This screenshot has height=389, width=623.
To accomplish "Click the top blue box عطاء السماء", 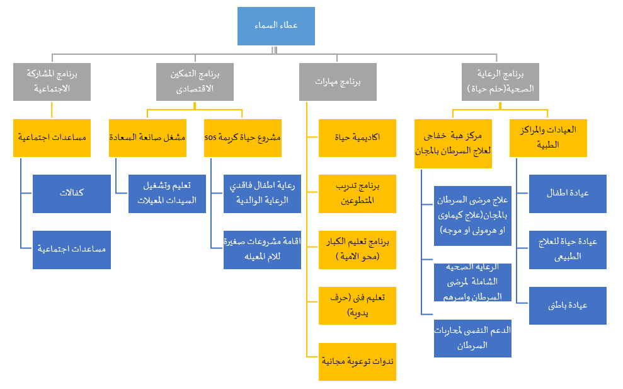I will pos(276,26).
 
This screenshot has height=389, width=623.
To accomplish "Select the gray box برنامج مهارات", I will pos(338,81).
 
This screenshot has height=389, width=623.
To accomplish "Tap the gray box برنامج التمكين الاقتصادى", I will pos(195,81).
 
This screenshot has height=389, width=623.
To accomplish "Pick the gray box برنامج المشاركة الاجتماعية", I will pos(52,81).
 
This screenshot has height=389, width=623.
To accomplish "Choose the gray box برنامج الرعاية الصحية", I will pos(500,81).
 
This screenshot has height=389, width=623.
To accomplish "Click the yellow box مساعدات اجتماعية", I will pos(52,137).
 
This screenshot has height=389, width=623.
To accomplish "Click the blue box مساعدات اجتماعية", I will pos(71,250).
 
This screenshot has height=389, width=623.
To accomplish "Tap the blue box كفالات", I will pos(71,194).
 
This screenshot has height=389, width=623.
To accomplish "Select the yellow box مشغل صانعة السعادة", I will pos(147,137).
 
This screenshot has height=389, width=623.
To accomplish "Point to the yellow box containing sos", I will pos(243,137).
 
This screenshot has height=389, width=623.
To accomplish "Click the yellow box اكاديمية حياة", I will pos(357,137).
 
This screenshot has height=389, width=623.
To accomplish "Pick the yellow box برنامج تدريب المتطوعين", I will pos(357,194).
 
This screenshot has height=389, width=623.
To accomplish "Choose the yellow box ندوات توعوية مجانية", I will pos(357,361).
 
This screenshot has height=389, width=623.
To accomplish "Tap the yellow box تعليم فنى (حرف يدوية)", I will pos(357,305).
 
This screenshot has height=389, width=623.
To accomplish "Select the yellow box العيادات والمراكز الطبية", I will pos(548,137).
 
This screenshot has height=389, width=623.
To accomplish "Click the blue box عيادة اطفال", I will pos(568,194).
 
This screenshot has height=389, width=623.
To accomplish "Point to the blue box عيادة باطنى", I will pos(568,305).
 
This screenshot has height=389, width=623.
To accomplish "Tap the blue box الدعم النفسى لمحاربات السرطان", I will pos(472,338).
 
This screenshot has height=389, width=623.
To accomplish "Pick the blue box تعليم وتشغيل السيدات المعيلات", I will pos(167,194).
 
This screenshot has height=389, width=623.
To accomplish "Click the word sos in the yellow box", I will pos(211,137).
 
